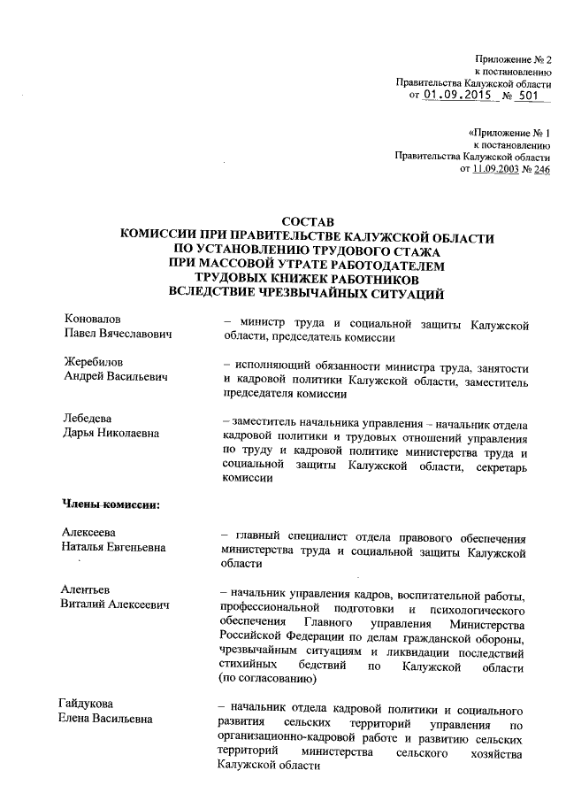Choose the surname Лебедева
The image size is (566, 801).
coord(89,419)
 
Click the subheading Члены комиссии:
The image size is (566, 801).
coord(110,505)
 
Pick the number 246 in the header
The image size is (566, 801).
coord(542,170)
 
